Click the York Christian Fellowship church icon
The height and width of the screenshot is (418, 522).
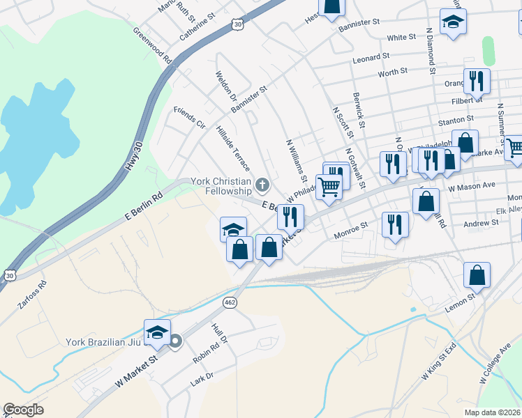coord(262,185)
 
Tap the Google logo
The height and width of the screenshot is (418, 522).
coord(24,410)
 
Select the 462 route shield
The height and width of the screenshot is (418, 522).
coord(230,302)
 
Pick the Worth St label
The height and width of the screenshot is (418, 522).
coord(392,72)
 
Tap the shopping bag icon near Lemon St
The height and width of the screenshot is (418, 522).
coord(477,275)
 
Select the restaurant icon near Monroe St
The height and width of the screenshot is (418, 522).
coord(395,225)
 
